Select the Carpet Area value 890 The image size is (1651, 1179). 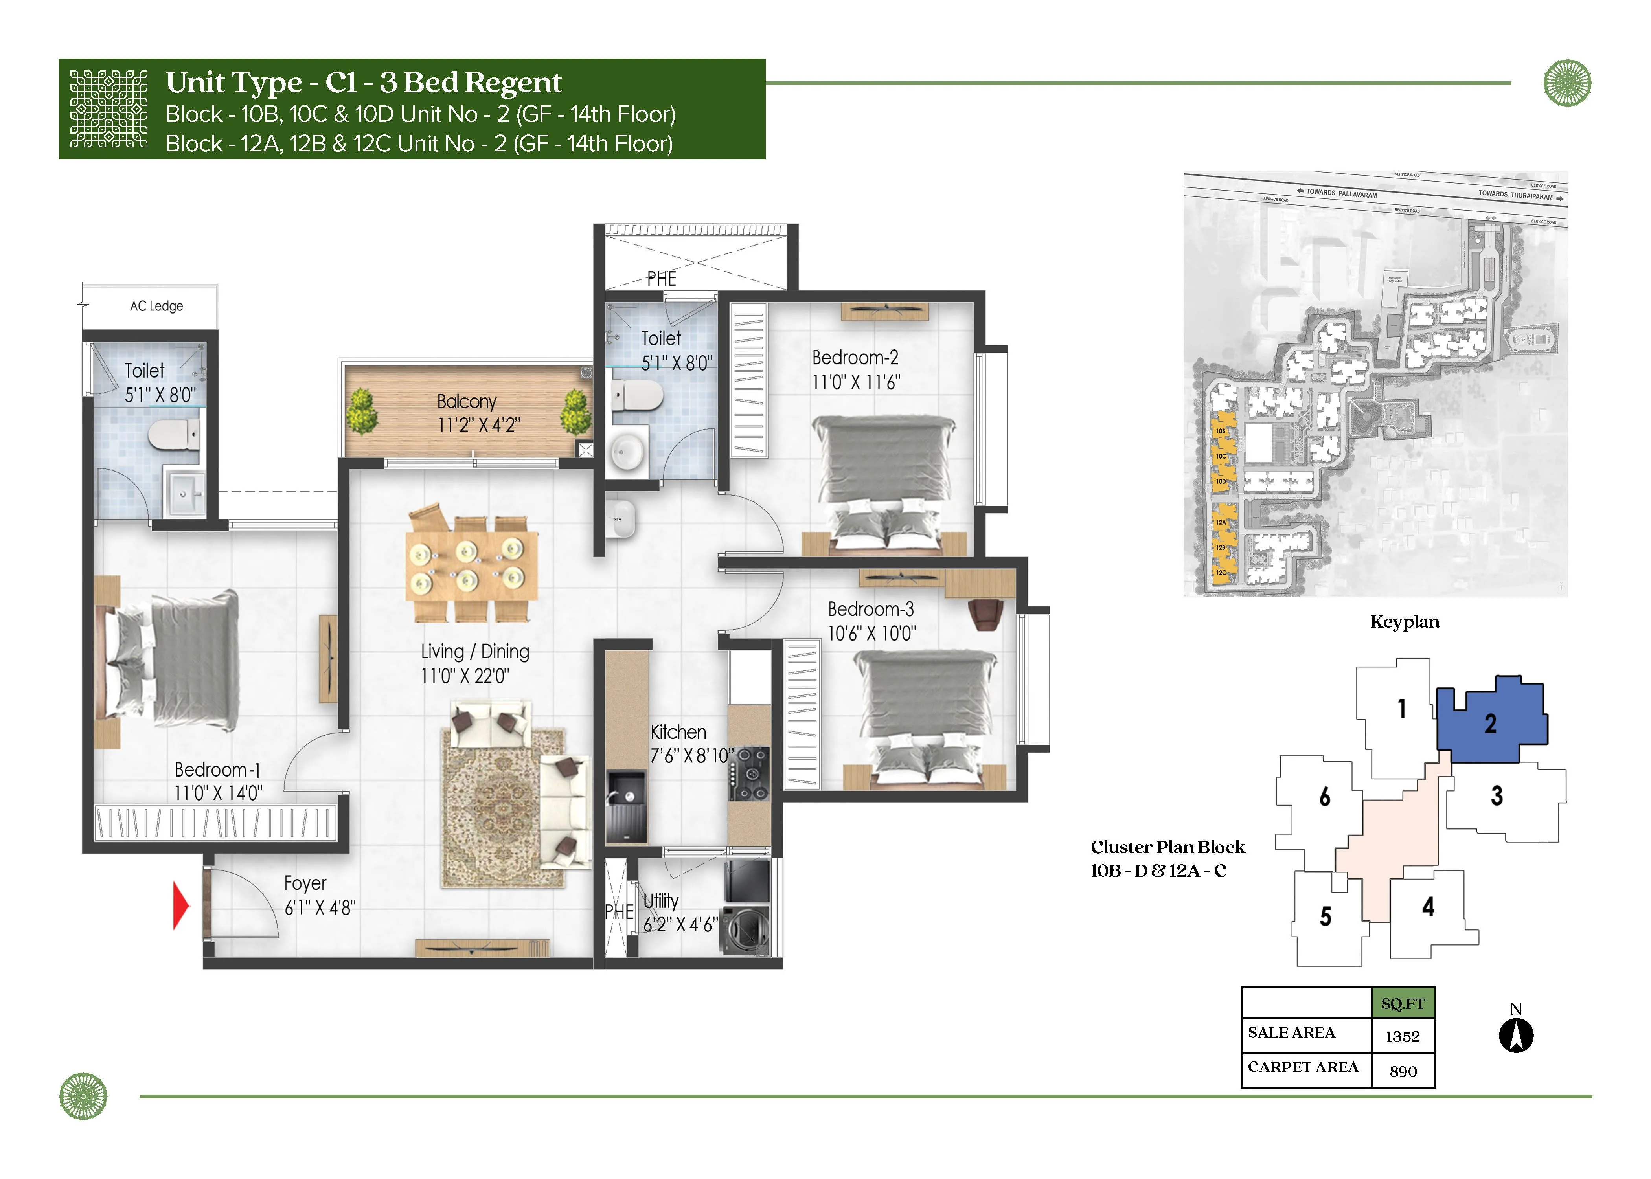[x=1403, y=1072]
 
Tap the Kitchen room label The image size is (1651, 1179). [x=678, y=732]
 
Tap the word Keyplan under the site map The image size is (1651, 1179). [x=1404, y=622]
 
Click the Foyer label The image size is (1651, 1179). [x=305, y=883]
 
